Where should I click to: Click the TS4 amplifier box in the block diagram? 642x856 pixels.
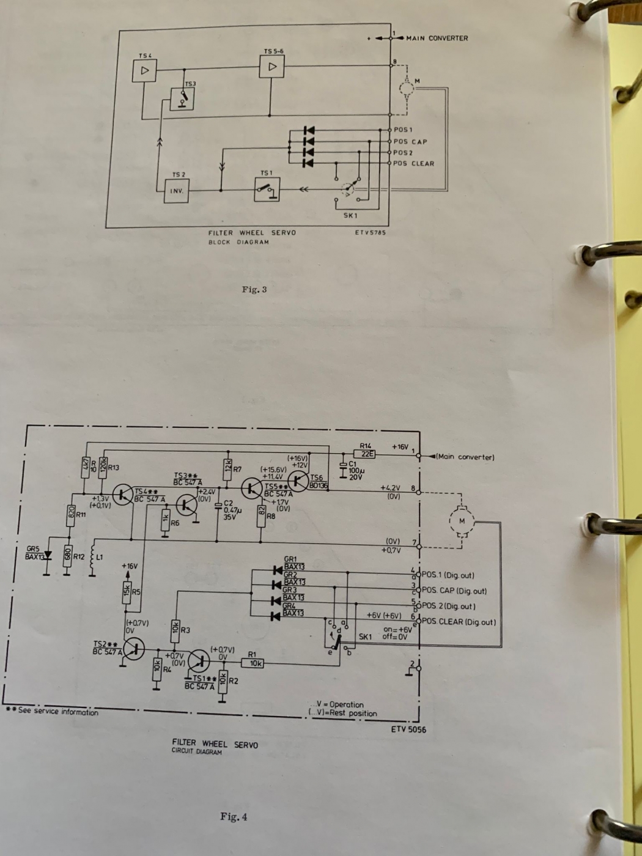pos(144,71)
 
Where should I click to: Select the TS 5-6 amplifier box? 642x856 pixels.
pos(272,67)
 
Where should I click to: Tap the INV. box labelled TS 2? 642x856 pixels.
pos(176,191)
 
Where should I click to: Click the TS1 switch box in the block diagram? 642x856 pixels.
pos(267,190)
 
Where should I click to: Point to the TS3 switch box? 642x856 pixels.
pos(182,98)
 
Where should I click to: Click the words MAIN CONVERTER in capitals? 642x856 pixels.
pos(437,39)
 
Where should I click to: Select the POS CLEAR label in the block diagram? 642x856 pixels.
pos(413,164)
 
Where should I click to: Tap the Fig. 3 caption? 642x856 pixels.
pos(254,290)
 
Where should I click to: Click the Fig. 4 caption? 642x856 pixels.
pos(234,817)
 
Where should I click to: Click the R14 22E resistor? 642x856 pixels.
pos(365,454)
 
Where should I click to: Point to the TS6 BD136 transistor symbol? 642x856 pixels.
pos(298,481)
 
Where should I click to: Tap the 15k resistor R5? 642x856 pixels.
pos(127,592)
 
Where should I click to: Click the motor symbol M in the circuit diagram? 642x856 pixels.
pos(462,522)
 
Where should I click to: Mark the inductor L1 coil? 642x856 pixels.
pos(93,558)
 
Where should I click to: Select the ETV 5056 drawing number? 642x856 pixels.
pos(408,729)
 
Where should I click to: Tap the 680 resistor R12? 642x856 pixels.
pos(67,557)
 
